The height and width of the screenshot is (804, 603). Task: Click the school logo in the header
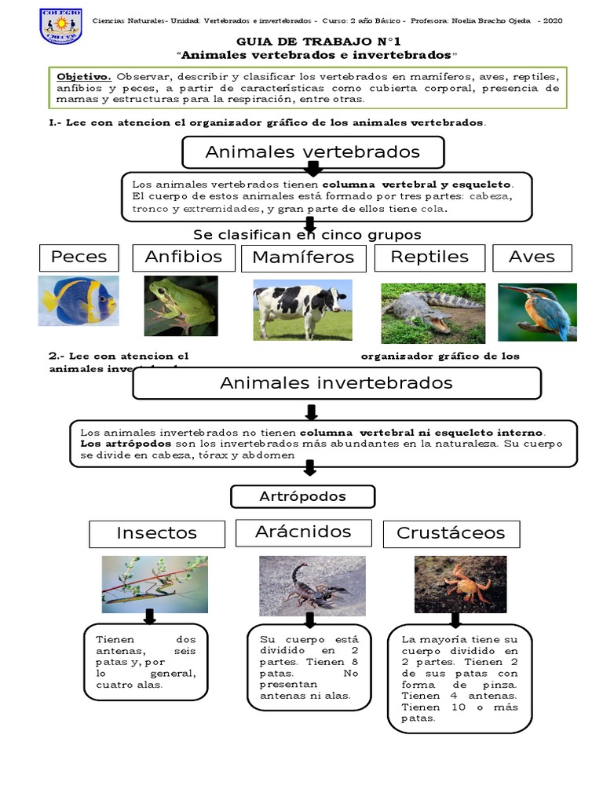pos(60,26)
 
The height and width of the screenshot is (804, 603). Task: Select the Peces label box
pos(79,258)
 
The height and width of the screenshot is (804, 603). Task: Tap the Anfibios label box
pos(183,257)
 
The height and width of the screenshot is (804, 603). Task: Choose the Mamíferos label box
pos(302,258)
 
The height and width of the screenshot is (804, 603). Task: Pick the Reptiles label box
pos(429,258)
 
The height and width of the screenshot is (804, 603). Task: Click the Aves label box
pos(532,258)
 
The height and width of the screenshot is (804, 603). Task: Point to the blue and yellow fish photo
pos(79,301)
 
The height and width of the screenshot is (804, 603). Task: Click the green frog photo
pos(181,305)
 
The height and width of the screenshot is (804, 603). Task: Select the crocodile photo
pos(433,313)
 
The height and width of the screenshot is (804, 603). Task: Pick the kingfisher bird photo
pos(537,312)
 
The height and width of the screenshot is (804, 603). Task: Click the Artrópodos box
pos(302,496)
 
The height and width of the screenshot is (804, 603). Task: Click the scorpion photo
pos(312,586)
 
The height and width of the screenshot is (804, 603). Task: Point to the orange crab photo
pos(460,584)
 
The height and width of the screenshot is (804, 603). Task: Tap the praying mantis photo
pos(155,584)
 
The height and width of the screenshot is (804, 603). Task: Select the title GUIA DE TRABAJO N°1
pos(302,42)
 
